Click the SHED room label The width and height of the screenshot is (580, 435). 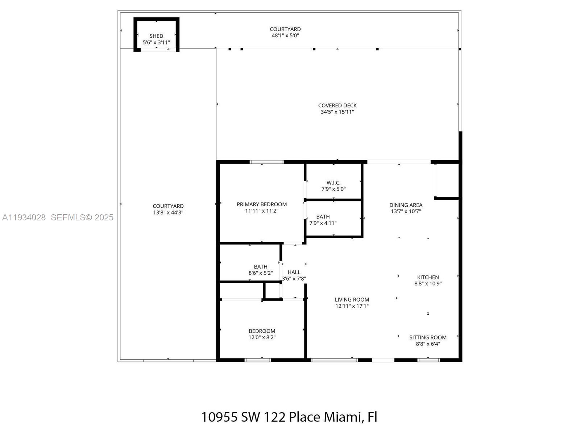[156, 36]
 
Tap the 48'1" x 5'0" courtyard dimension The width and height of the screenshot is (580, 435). [285, 36]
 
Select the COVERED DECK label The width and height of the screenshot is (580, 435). [337, 105]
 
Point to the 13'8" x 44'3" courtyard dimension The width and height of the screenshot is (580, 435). [168, 212]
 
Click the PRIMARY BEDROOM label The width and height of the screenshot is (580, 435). [262, 204]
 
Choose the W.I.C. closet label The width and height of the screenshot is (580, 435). [333, 183]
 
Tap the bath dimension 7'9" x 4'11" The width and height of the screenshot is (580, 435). [323, 223]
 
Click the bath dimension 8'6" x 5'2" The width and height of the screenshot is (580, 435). [260, 273]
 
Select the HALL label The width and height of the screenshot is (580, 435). [294, 272]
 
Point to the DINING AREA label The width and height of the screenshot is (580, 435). [406, 205]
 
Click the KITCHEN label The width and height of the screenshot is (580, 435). [428, 277]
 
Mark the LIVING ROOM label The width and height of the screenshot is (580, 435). [352, 299]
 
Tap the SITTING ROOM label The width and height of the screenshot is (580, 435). [428, 337]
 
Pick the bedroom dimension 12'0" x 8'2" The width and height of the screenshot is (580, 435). [262, 337]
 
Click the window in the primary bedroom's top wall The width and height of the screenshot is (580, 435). [267, 162]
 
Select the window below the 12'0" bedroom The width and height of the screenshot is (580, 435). [258, 360]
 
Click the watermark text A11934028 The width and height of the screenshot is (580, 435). [24, 217]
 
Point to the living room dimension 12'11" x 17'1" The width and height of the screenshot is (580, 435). [352, 306]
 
